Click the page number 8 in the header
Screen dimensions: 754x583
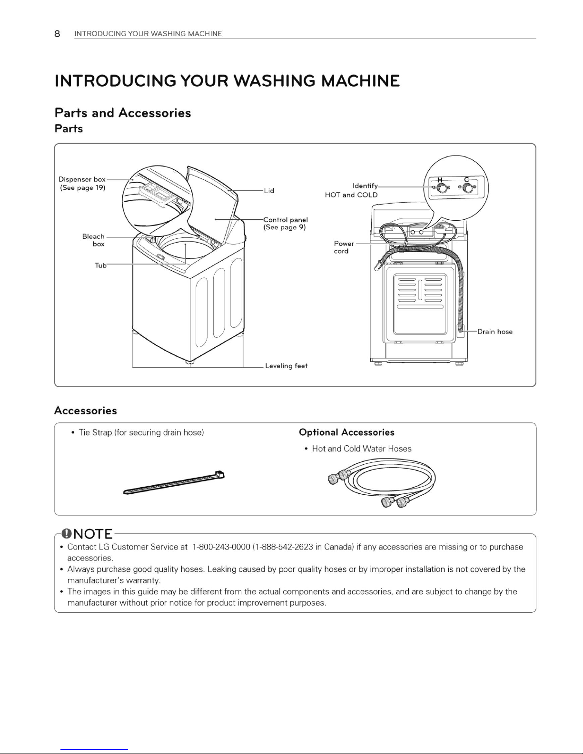[58, 33]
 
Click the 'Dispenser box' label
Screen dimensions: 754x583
[82, 179]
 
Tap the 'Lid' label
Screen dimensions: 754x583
[269, 191]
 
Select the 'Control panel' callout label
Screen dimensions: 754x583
[286, 220]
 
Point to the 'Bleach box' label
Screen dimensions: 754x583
[94, 240]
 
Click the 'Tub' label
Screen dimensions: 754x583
[100, 265]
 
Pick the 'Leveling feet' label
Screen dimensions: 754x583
[286, 366]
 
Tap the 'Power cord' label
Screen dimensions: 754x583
[343, 247]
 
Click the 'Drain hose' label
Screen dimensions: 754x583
[495, 332]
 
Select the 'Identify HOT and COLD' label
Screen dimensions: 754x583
[352, 190]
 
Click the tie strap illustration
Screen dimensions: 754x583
[174, 482]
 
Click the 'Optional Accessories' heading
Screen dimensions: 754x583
[346, 432]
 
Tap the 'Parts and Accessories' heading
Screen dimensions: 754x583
[123, 113]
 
